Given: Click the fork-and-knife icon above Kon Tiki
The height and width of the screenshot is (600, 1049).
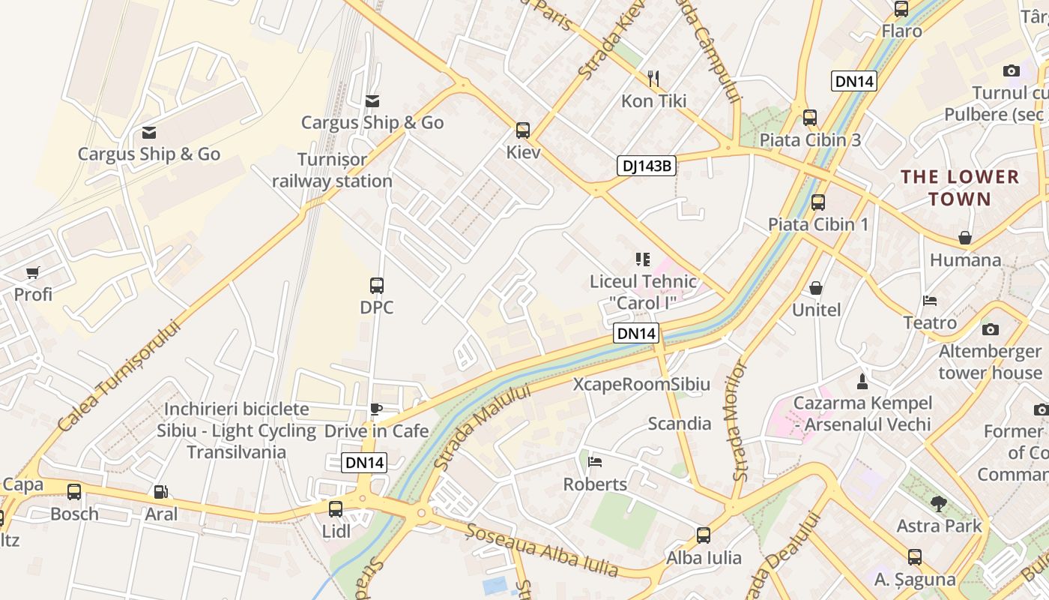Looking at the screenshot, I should [653, 78].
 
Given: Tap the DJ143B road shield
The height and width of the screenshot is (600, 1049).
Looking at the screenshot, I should [646, 166].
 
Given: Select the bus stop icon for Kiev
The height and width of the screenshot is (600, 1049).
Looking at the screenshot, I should [523, 130].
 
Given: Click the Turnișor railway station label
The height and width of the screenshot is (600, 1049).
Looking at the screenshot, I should [332, 170].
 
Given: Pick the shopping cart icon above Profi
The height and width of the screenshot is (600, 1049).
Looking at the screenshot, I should [32, 272].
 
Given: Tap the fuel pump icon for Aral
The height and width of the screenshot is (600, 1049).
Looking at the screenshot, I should [160, 492].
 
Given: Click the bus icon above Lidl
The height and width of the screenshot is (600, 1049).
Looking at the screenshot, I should [336, 508].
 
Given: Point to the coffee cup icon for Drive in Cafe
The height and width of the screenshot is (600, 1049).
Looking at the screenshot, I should [376, 409].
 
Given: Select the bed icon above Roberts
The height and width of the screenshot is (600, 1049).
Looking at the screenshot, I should [595, 462].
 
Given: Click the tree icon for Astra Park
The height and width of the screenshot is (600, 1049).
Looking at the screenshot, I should [938, 503].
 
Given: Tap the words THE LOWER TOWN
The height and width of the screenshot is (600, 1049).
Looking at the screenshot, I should [959, 188].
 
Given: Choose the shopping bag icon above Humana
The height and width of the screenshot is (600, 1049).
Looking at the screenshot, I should [965, 238].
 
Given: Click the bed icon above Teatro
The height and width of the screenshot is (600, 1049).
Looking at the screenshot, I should [930, 301].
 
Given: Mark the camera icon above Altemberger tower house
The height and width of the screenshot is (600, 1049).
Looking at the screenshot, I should [991, 329].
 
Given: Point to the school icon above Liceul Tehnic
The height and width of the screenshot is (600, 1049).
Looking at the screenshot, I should [642, 259].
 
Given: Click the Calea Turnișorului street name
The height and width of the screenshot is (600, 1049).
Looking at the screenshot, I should [120, 376].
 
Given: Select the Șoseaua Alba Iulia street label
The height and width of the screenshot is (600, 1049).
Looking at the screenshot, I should [542, 551].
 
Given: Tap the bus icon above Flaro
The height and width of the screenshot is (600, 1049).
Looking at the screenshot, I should [901, 9].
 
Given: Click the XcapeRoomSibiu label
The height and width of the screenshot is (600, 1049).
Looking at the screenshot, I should [641, 385].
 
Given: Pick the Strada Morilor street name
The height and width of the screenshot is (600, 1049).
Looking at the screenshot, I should [740, 420].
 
